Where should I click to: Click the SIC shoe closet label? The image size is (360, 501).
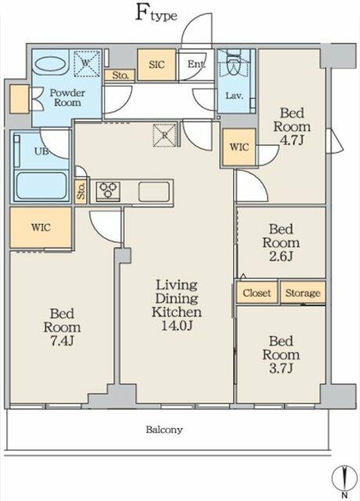(x=157, y=65)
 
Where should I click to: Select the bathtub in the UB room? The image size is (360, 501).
(x=41, y=186)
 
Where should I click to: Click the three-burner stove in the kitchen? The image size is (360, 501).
(x=108, y=191)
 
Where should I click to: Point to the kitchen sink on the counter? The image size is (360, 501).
(x=153, y=192)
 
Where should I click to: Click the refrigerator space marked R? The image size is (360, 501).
(x=164, y=135)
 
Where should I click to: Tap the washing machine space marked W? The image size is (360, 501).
(x=87, y=63)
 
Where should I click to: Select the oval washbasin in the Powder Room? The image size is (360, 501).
(x=50, y=64)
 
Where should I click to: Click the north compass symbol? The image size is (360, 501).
(x=344, y=480)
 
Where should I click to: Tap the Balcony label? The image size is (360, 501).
(x=164, y=430)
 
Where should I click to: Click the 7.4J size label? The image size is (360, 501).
(x=62, y=341)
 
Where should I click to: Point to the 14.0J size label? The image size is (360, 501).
(x=177, y=326)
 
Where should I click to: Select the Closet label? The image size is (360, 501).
(x=257, y=293)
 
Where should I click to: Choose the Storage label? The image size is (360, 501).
(x=303, y=293)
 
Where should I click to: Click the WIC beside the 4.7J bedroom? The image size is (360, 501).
(x=239, y=147)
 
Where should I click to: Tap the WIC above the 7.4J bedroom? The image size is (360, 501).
(x=41, y=228)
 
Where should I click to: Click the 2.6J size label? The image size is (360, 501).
(x=281, y=257)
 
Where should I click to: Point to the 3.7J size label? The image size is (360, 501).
(x=281, y=369)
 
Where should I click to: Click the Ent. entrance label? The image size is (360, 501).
(x=196, y=64)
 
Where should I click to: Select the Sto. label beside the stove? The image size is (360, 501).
(x=81, y=191)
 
